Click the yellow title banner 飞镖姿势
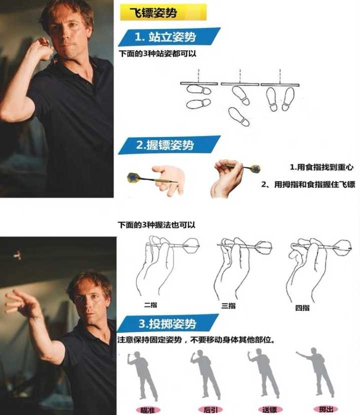coord(163,12)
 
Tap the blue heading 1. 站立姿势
coord(169,37)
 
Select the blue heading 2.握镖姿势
coord(169,145)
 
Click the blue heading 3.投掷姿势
coord(168,323)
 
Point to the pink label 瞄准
coord(147,410)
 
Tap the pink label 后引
coord(210,409)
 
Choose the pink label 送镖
coord(270,409)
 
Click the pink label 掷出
coord(326,409)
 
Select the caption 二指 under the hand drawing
coord(150,305)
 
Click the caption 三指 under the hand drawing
coord(228,306)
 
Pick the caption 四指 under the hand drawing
coord(302,308)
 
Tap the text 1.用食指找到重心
coord(321,167)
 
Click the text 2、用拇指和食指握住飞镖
coord(308,184)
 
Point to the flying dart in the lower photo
coord(17,255)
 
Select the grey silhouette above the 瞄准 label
coord(143,376)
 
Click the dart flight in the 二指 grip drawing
coord(191,245)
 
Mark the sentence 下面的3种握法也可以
coord(156,224)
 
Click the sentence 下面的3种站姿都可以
coord(157,53)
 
